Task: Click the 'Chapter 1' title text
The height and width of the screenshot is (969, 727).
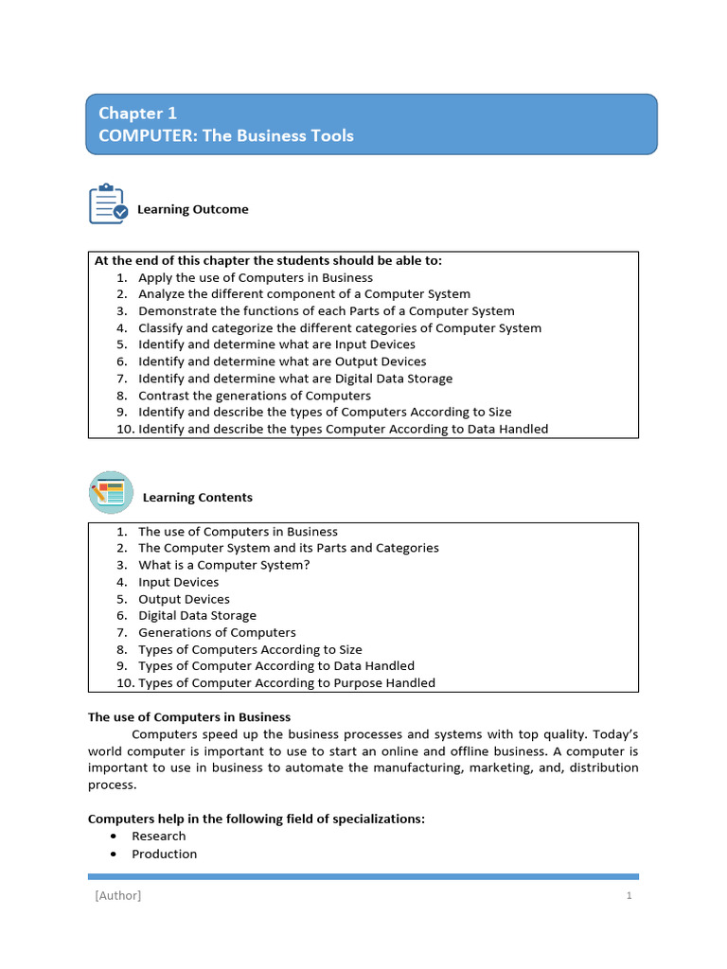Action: pos(137,113)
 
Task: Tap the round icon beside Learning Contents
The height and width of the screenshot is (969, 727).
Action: pos(111,493)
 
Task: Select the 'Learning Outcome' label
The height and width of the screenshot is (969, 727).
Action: pos(192,209)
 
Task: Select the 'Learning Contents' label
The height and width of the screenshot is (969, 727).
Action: pos(197,497)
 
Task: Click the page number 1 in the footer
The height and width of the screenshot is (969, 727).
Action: pos(629,896)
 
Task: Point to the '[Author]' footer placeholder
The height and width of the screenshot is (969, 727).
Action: pos(117,896)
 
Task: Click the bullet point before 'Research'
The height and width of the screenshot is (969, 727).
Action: pos(114,837)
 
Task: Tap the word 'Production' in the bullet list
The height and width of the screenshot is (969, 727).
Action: pos(164,854)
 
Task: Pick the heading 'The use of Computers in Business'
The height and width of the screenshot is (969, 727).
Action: pos(189,717)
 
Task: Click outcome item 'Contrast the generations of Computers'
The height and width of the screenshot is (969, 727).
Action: pos(254,396)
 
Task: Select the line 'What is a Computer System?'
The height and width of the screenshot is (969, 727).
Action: pos(223,565)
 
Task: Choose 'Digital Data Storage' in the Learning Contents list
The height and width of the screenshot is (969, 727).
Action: pos(197,615)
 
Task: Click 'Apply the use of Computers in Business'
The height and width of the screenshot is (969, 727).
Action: pos(255,277)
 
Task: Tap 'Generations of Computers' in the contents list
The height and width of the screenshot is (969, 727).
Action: pos(217,632)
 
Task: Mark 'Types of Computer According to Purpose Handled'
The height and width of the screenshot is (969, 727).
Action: pos(286,682)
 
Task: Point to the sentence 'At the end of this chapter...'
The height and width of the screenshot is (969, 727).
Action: pos(267,260)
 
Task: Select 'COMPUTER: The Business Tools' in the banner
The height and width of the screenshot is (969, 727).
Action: pos(225,135)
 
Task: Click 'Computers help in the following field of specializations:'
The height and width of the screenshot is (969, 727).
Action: pos(256,819)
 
